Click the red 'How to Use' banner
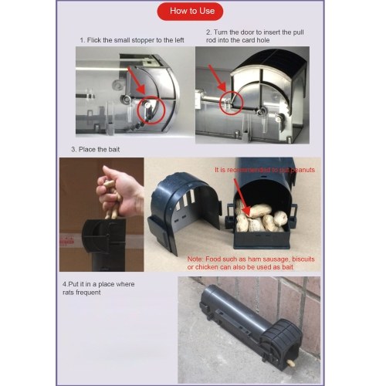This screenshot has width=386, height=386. pos(190,12)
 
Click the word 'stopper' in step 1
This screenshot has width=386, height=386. pos(143,40)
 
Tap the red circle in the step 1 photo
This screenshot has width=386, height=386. pos(151,110)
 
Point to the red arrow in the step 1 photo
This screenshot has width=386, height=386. pos(137,80)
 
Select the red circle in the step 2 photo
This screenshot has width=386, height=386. pos(231,103)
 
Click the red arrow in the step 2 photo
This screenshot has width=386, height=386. pos(217,78)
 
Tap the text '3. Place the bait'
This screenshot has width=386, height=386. pos(96,149)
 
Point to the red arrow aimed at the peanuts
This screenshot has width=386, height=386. pos(241,195)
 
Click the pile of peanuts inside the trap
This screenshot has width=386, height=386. pos(260,216)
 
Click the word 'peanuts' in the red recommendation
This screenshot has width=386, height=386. pos(303,170)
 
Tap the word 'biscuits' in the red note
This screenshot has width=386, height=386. pos(303,259)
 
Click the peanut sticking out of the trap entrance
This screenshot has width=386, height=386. pos(290,363)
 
